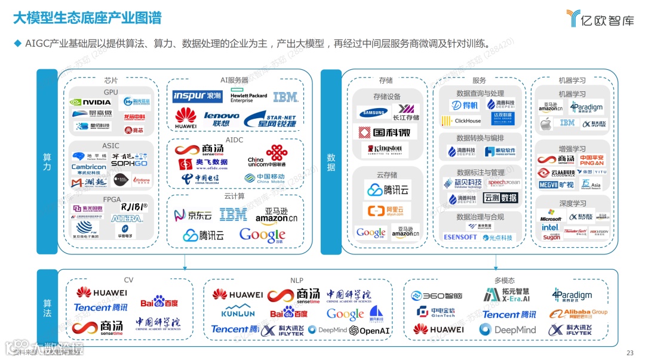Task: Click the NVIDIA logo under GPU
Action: tap(91, 102)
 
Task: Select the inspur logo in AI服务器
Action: tap(197, 96)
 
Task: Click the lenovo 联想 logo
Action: tap(221, 119)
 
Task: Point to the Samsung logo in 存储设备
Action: tap(373, 112)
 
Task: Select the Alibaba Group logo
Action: tap(578, 313)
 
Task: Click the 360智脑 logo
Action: tap(437, 296)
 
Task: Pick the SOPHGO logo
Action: tap(129, 163)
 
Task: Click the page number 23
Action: tap(629, 352)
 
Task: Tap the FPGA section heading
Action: tap(111, 199)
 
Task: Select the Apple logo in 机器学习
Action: tap(545, 124)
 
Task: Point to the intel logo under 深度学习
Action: tap(550, 227)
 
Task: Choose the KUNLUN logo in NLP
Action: tap(238, 312)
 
